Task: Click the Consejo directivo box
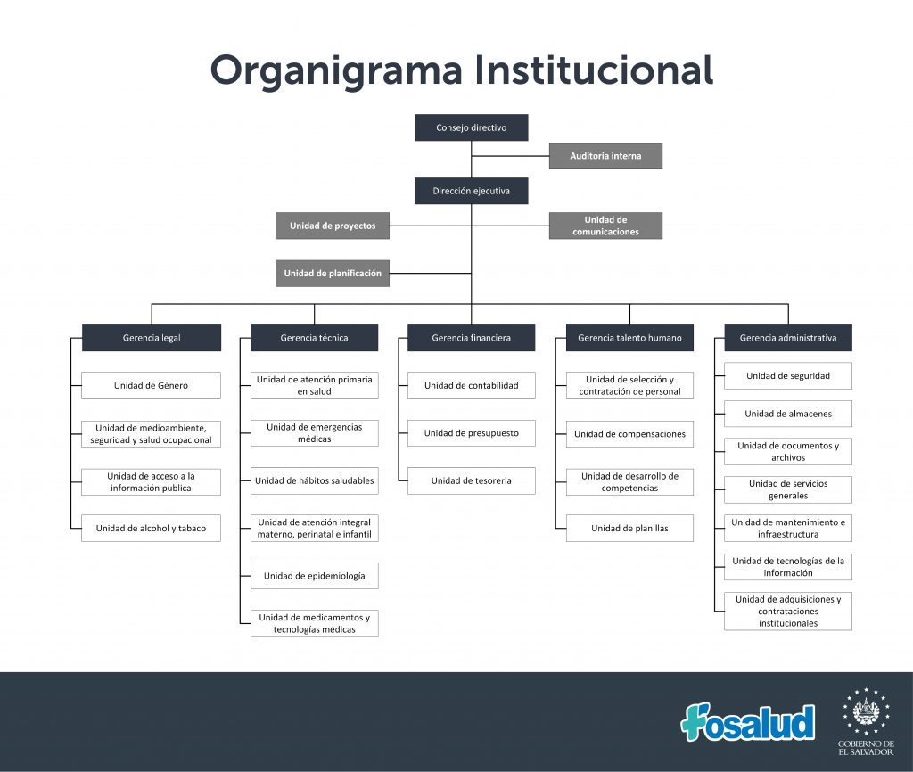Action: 471,127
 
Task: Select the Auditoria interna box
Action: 605,156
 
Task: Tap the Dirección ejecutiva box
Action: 471,191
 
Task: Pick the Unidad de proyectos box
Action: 333,226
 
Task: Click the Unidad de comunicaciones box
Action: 605,226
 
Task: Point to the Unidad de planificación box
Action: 333,273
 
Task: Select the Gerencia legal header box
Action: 152,338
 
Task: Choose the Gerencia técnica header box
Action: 315,338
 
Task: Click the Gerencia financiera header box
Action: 471,338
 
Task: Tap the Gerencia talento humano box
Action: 629,338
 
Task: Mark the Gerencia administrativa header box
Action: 788,338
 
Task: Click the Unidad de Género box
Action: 151,385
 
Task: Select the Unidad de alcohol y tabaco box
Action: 151,528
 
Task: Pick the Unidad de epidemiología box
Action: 315,576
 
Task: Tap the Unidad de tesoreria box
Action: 471,480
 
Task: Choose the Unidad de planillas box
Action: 629,528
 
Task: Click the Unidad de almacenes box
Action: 788,414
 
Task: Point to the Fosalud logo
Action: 748,722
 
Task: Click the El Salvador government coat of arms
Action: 866,711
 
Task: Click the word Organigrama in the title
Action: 336,71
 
